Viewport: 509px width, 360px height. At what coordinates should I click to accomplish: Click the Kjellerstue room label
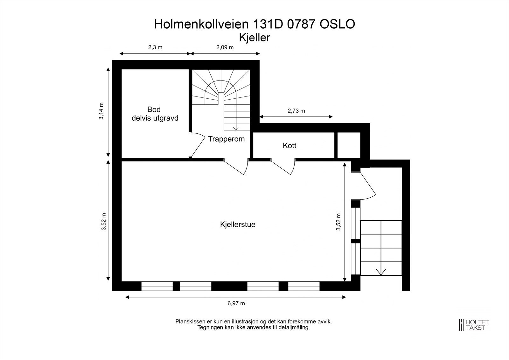pyautogui.click(x=237, y=224)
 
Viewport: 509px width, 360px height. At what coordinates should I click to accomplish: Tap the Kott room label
pyautogui.click(x=289, y=145)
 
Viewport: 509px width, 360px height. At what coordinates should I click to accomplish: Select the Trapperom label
pyautogui.click(x=226, y=139)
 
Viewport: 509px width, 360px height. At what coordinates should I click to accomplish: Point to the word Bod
pyautogui.click(x=154, y=109)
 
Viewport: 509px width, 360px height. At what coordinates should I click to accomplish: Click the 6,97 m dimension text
pyautogui.click(x=236, y=303)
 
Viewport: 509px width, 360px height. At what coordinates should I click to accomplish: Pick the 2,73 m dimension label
pyautogui.click(x=296, y=111)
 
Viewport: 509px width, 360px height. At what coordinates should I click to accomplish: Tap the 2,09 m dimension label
pyautogui.click(x=225, y=47)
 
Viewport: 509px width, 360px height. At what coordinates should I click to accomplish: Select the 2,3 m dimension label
pyautogui.click(x=155, y=47)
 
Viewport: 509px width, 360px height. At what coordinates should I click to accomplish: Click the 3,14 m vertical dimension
pyautogui.click(x=101, y=111)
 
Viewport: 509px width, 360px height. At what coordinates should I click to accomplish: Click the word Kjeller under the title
pyautogui.click(x=254, y=38)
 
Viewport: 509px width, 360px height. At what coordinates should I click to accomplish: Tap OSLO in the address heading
pyautogui.click(x=337, y=24)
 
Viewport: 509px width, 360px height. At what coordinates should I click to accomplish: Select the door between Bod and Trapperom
pyautogui.click(x=197, y=145)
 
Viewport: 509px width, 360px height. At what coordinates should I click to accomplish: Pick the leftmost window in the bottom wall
pyautogui.click(x=157, y=286)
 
